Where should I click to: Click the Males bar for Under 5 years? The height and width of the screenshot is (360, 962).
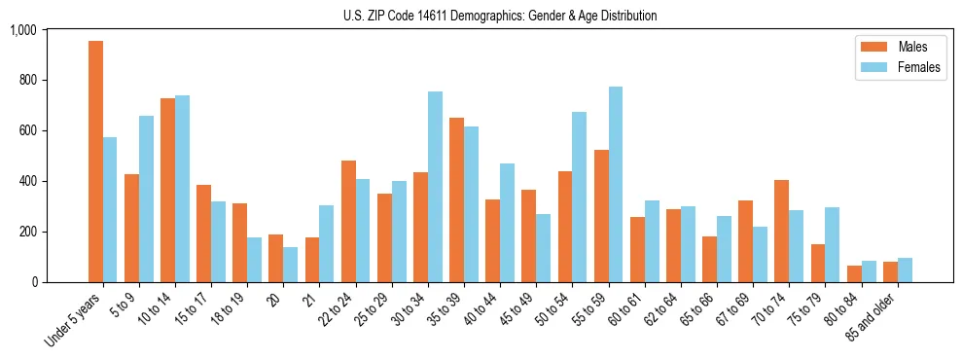(x=95, y=162)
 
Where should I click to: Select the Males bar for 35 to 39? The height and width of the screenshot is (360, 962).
(x=456, y=199)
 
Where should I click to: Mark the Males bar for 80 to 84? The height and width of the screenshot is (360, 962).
(x=854, y=273)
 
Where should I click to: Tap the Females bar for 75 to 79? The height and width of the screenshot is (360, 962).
(x=833, y=244)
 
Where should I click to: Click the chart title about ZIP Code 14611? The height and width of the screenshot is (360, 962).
(x=500, y=16)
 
